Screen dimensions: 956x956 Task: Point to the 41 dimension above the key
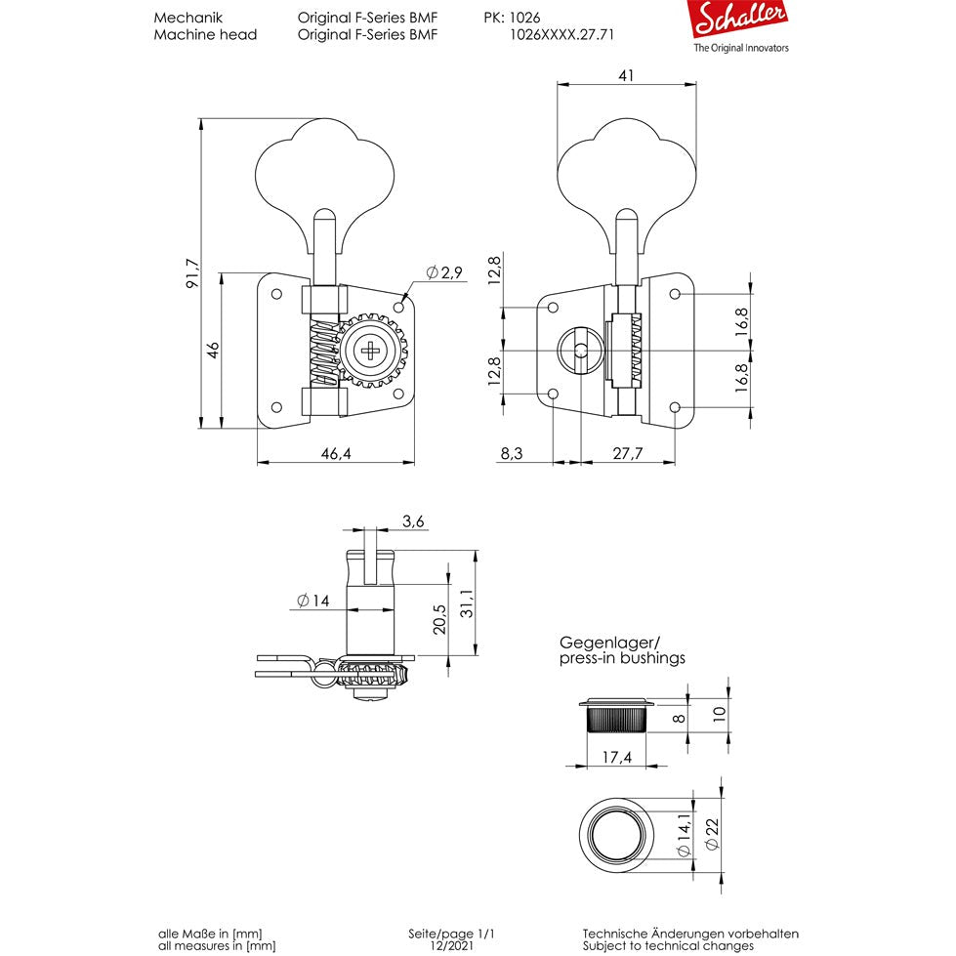pyautogui.click(x=626, y=75)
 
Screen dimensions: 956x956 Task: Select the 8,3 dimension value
pyautogui.click(x=511, y=453)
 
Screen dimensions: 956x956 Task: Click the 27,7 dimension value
pyautogui.click(x=627, y=453)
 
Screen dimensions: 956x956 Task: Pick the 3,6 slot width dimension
pyautogui.click(x=413, y=522)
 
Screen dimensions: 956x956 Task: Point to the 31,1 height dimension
pyautogui.click(x=467, y=603)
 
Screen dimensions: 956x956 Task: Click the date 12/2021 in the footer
pyautogui.click(x=459, y=945)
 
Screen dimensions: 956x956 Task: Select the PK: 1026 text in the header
pyautogui.click(x=512, y=18)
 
